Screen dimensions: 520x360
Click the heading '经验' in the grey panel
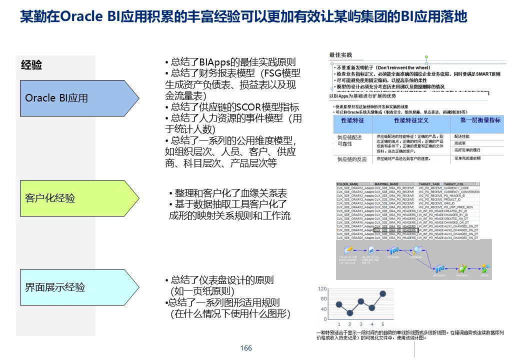point(31,65)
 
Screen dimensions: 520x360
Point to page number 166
point(246,348)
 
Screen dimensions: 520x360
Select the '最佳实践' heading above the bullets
point(340,54)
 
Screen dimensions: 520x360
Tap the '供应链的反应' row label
point(351,159)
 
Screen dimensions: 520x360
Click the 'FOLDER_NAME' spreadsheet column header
point(348,184)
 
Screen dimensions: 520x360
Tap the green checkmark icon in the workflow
point(463,268)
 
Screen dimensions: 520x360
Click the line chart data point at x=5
point(382,293)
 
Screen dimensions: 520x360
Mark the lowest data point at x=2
point(350,313)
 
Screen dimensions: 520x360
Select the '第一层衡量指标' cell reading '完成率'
point(460,143)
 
